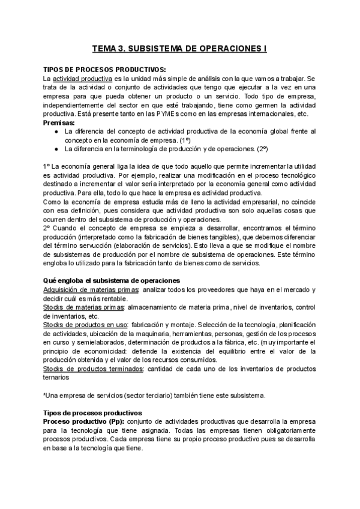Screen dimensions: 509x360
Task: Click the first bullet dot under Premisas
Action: coord(56,131)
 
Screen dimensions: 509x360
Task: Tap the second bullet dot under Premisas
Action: coord(56,148)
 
